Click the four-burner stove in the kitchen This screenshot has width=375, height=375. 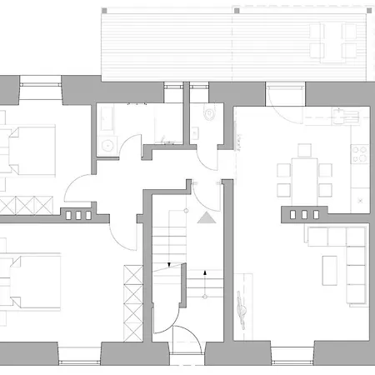[x=361, y=153]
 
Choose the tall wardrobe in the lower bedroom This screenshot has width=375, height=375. [x=132, y=296]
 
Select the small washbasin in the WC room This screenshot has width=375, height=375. [x=194, y=131]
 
